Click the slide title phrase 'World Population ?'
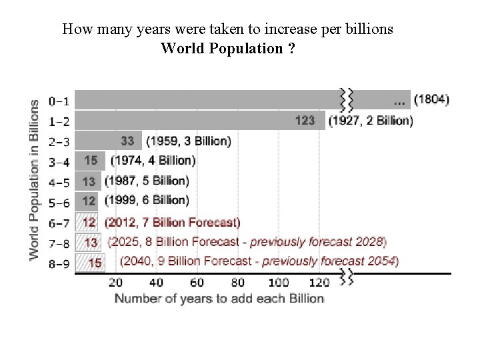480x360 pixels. (228, 48)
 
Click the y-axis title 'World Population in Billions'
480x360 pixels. (35, 180)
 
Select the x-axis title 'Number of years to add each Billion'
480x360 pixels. (219, 298)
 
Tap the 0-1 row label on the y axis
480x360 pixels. (59, 102)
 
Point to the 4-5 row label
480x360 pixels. (59, 181)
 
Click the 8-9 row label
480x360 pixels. (59, 263)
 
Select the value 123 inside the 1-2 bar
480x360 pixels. (305, 121)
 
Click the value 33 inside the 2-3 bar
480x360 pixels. (128, 141)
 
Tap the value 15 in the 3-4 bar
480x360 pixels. (90, 161)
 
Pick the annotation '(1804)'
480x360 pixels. (431, 101)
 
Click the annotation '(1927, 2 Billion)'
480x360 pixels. (371, 121)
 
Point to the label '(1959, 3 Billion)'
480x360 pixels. (189, 141)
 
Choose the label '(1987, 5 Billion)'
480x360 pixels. (147, 181)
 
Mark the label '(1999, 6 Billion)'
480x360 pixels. (147, 200)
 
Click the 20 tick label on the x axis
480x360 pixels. (115, 282)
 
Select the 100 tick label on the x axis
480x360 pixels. (279, 282)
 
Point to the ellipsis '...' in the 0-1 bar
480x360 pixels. (399, 102)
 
